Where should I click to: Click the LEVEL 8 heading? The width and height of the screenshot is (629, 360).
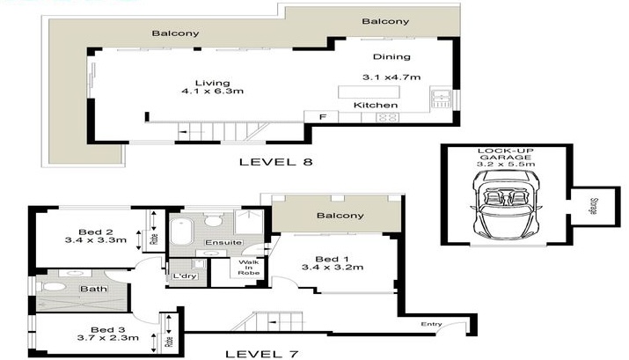click(276, 162)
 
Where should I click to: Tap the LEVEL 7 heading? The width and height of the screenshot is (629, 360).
click(262, 354)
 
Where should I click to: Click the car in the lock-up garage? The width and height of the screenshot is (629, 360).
click(506, 205)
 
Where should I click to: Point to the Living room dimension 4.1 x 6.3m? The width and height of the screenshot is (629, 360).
click(213, 92)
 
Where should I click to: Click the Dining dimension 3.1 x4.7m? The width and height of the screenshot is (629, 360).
click(391, 77)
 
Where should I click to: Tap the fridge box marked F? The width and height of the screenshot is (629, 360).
click(321, 117)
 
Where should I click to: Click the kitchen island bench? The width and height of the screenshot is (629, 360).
click(369, 92)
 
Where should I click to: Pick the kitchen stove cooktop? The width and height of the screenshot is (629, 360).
click(387, 118)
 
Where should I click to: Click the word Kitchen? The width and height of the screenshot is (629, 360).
click(376, 105)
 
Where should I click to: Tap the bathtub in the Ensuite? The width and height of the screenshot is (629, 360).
click(181, 231)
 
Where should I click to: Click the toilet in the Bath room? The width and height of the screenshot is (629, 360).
click(52, 287)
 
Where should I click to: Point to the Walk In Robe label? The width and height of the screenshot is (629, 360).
click(249, 268)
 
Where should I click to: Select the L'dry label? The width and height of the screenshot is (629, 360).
click(185, 276)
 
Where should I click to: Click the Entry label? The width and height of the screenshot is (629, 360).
click(432, 324)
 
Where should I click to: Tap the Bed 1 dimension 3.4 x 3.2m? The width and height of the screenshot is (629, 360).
click(333, 268)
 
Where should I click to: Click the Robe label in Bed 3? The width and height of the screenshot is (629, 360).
click(169, 342)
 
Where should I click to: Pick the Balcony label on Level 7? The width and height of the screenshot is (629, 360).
click(340, 216)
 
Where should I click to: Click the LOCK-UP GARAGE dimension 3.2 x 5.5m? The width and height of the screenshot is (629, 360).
click(506, 164)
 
